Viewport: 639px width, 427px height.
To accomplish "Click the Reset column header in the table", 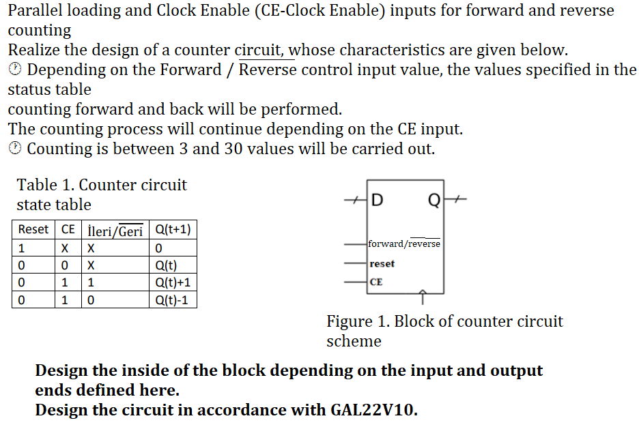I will coord(33,230).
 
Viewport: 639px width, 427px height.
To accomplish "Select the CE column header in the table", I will coord(68,230).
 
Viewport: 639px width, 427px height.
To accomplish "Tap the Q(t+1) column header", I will coord(173,230).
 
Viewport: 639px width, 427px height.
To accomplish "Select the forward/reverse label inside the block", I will coord(404,244).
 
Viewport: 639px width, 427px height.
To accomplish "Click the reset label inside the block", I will coord(382,263).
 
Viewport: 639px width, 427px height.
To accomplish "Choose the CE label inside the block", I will coord(375,282).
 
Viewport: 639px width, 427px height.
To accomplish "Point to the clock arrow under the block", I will coord(423,297).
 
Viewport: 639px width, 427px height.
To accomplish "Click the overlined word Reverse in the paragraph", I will coord(268,70).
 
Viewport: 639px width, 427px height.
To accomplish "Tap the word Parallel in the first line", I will coord(36,10).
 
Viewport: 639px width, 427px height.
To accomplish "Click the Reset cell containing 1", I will coord(22,248).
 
